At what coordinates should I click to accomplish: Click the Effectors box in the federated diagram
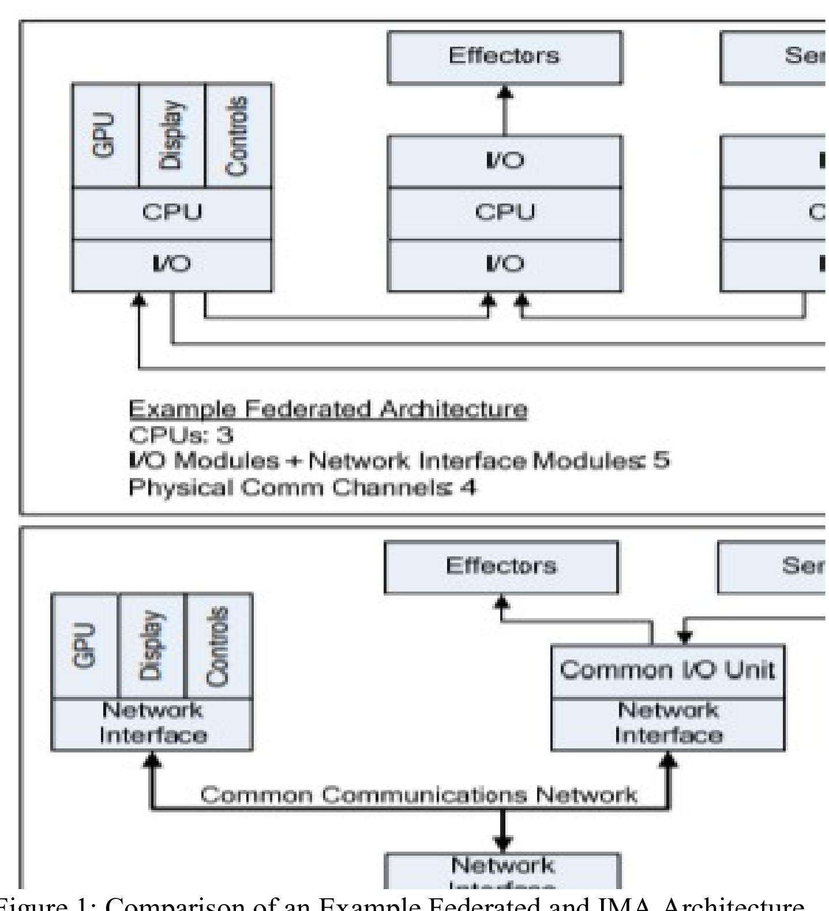504,57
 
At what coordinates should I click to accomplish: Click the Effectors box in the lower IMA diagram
501,567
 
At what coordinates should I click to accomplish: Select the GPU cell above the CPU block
105,135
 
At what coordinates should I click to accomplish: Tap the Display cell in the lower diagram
152,646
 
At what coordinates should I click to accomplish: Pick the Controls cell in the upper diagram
238,135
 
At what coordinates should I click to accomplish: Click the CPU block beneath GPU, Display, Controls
172,213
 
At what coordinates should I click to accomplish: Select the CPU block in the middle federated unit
504,213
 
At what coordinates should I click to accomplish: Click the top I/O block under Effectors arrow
504,161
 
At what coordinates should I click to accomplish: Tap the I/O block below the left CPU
172,265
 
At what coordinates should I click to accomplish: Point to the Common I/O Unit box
667,671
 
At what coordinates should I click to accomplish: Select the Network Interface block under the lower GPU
152,724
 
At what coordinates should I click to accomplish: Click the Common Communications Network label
418,796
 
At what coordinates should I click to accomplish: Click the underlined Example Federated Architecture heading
327,409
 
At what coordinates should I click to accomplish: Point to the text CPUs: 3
181,435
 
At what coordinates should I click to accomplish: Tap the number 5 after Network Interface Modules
662,461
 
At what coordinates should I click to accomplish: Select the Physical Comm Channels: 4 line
302,488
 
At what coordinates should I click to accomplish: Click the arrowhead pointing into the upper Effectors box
505,92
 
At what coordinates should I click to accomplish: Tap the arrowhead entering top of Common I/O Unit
684,638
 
